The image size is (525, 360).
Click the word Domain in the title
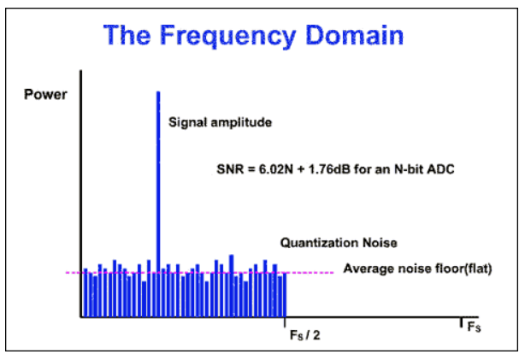click(x=351, y=36)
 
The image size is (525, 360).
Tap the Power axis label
click(x=44, y=93)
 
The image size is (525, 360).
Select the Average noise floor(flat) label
click(x=418, y=269)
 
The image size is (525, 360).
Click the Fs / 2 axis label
click(x=305, y=335)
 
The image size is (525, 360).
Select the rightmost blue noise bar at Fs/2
click(x=284, y=295)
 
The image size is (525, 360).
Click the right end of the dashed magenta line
click(x=332, y=273)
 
